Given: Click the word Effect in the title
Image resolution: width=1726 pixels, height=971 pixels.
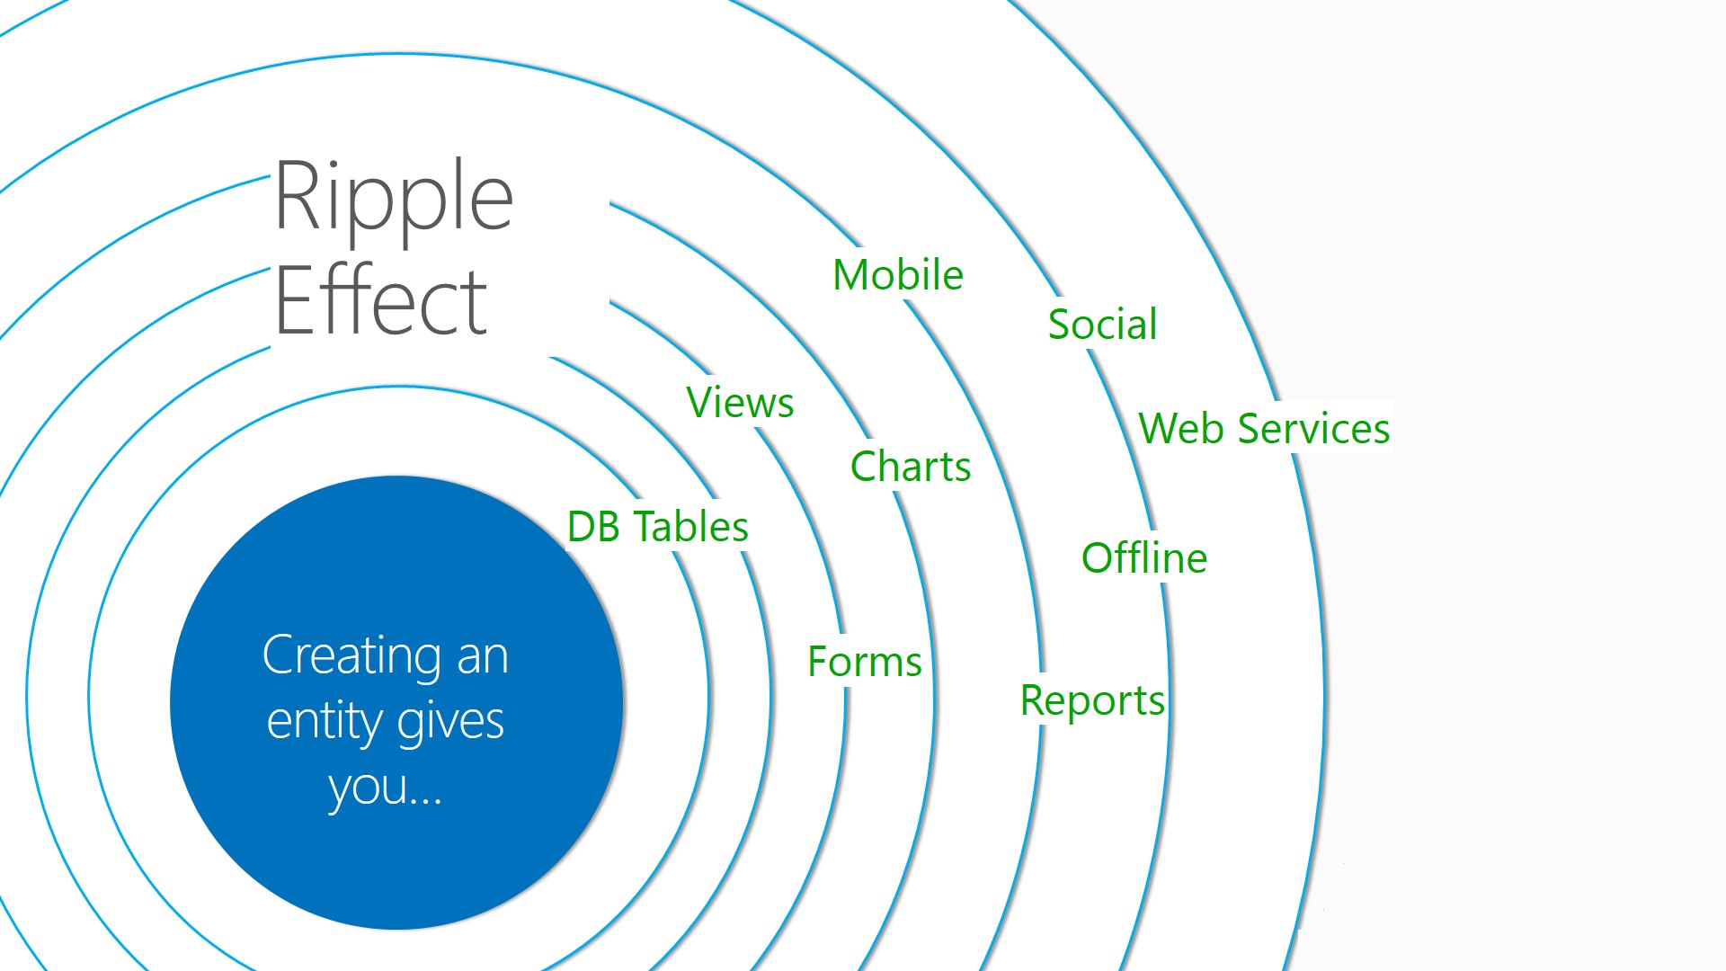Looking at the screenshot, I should (x=380, y=301).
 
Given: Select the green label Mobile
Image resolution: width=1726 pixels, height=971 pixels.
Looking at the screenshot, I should (x=897, y=275).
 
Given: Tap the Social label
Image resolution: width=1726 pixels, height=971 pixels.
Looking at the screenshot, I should (x=1102, y=325).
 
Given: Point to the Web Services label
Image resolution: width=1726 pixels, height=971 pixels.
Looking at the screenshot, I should (x=1264, y=429).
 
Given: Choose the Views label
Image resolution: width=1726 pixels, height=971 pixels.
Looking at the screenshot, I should (x=740, y=403).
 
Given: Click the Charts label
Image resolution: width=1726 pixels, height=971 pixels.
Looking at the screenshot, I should (x=911, y=467).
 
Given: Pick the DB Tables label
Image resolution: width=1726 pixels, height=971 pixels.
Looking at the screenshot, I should (x=658, y=527).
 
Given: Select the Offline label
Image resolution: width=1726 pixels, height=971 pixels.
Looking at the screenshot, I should (x=1143, y=558).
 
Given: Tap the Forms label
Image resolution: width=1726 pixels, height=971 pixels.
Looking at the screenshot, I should (x=865, y=662).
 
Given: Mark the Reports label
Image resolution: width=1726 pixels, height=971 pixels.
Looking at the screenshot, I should (x=1092, y=700).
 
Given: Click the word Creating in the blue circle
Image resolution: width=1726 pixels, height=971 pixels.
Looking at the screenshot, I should (x=351, y=655).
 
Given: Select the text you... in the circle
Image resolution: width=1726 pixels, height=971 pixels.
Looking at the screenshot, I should (x=385, y=788).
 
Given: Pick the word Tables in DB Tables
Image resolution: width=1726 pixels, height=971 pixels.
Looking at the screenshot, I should (x=690, y=527).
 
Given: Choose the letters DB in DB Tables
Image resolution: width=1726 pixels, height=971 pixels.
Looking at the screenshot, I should (x=593, y=527).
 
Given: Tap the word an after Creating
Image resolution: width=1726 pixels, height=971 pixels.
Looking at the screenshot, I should (x=483, y=655).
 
